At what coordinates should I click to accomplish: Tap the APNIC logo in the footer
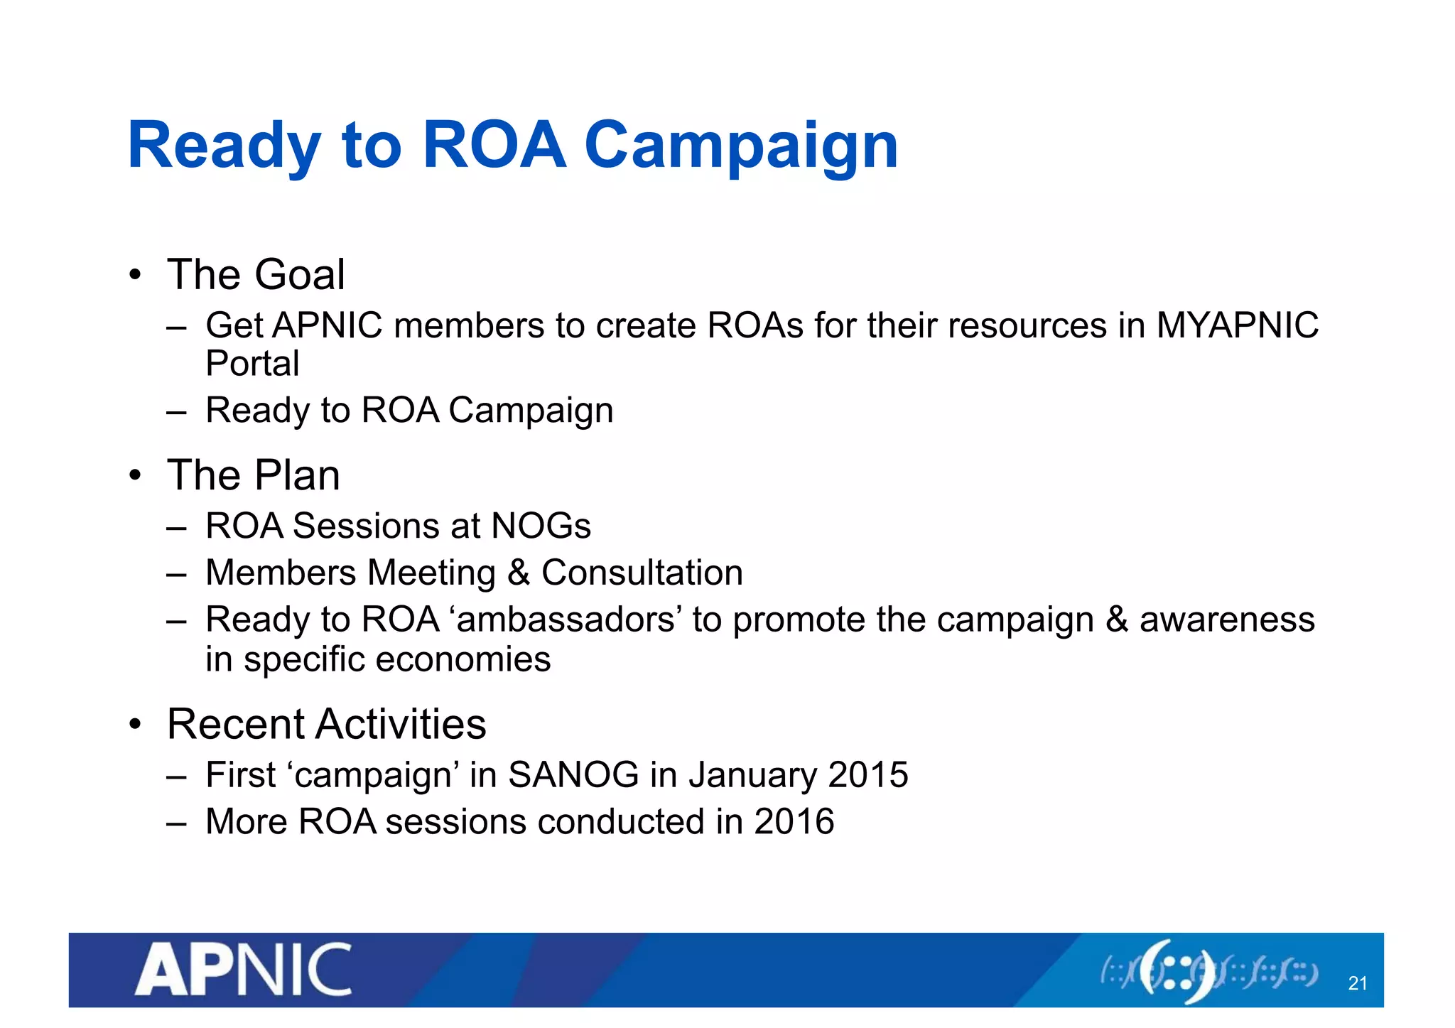point(244,970)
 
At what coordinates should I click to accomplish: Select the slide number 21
point(1358,983)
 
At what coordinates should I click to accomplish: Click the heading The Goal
point(256,275)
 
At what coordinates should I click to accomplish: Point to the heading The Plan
point(254,475)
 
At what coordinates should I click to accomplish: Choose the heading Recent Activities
point(327,725)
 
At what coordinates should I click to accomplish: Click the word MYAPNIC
point(1238,326)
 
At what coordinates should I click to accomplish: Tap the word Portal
point(252,364)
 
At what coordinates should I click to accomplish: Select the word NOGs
point(541,526)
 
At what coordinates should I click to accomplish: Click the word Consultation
point(642,573)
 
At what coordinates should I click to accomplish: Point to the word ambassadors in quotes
point(565,619)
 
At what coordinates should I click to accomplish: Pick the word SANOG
point(573,774)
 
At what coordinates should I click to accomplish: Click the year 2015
point(868,774)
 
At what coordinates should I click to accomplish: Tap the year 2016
point(794,821)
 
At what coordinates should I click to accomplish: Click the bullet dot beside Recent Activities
point(136,725)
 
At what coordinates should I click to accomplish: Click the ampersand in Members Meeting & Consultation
point(519,573)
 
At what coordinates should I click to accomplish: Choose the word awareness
point(1227,619)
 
